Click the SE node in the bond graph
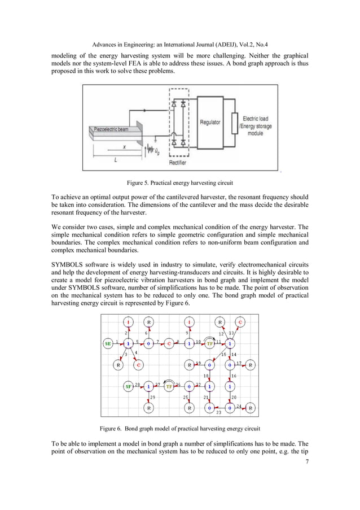tap(108, 343)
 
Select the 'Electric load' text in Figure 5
tap(256, 119)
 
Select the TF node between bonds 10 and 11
tap(210, 343)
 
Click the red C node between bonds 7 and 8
tap(169, 343)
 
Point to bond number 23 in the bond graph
tap(219, 412)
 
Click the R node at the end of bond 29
tap(148, 407)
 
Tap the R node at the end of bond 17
tap(251, 365)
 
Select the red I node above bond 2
tap(129, 322)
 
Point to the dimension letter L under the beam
tap(115, 160)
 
